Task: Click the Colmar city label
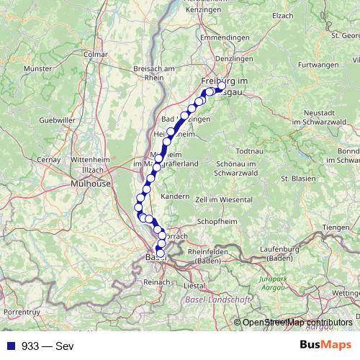tap(95, 53)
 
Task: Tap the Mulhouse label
tap(91, 184)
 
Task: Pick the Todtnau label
tap(250, 151)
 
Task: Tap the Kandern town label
tap(175, 196)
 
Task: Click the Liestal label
tap(194, 285)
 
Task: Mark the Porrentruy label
tap(21, 312)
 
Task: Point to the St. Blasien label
tap(294, 178)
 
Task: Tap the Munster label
tap(37, 68)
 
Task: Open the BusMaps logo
tap(325, 345)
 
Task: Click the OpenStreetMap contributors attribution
tap(297, 323)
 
